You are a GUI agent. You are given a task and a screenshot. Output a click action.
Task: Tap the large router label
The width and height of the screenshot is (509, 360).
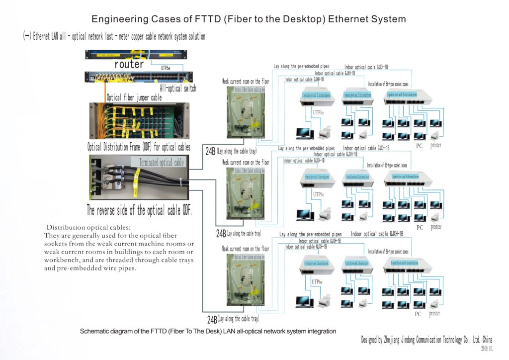pyautogui.click(x=129, y=64)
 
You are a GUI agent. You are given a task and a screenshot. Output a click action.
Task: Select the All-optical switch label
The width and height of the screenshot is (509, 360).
pyautogui.click(x=177, y=89)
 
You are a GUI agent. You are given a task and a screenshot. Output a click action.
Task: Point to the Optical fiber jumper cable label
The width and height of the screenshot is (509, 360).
pyautogui.click(x=134, y=98)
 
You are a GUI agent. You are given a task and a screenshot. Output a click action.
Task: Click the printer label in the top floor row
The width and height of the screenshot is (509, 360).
pyautogui.click(x=435, y=145)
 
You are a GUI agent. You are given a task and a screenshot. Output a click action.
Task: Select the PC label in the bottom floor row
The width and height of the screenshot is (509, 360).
pyautogui.click(x=419, y=314)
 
